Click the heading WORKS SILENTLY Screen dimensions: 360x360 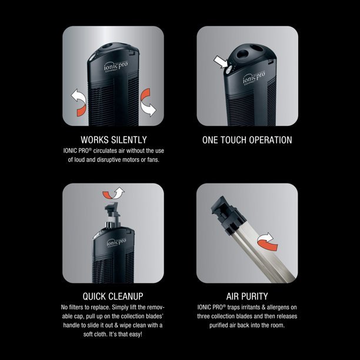pos(114,140)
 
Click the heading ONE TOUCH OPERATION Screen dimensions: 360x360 pos(247,140)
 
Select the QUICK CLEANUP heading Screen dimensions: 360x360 pos(113,296)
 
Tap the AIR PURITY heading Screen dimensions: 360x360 pos(247,296)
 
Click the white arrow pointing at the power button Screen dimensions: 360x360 pos(221,62)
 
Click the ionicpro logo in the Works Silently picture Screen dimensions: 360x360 pos(116,66)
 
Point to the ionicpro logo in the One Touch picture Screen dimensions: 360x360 pos(254,78)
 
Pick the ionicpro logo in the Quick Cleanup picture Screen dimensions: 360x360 pos(116,242)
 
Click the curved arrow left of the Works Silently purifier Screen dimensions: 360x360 pos(79,103)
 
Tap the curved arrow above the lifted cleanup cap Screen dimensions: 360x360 pos(113,194)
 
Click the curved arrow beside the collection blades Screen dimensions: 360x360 pos(266,242)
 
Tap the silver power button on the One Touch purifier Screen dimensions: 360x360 pos(228,70)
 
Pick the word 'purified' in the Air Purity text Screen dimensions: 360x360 pos(219,325)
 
